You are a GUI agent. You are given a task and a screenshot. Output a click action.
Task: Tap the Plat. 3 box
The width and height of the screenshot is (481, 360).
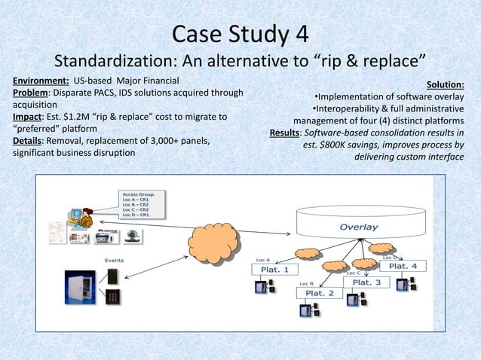point(367,282)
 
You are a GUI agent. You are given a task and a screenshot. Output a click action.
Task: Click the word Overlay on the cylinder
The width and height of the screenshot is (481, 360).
point(358,227)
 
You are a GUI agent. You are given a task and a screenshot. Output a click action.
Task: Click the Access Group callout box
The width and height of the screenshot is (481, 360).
point(142,204)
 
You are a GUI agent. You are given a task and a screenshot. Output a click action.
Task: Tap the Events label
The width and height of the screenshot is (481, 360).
point(115,260)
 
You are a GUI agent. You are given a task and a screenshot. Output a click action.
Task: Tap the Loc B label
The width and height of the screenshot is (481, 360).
point(306,283)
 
